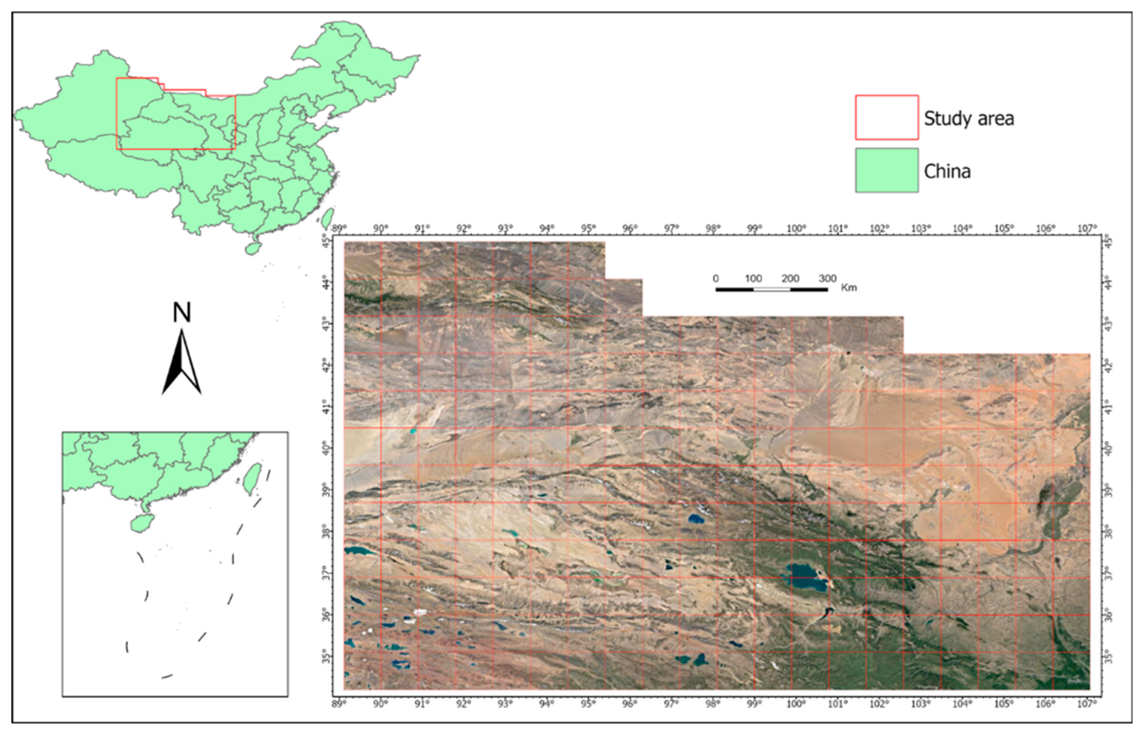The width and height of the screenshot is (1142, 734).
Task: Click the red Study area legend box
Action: pyautogui.click(x=886, y=117)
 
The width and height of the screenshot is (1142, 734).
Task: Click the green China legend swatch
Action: pyautogui.click(x=886, y=170)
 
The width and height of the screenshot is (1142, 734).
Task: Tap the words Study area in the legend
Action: pyautogui.click(x=969, y=118)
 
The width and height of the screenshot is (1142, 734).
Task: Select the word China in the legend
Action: pyautogui.click(x=947, y=171)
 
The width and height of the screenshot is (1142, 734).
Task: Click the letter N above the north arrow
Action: pyautogui.click(x=182, y=313)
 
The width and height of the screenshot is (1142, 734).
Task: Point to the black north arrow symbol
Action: pyautogui.click(x=182, y=365)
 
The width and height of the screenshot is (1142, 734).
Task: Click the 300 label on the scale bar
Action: pyautogui.click(x=827, y=278)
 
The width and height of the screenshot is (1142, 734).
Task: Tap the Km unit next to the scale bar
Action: pyautogui.click(x=849, y=287)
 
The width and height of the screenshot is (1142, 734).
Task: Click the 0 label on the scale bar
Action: pyautogui.click(x=716, y=278)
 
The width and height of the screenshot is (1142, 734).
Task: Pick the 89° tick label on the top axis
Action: pyautogui.click(x=339, y=229)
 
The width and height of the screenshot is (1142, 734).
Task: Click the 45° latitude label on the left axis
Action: pyautogui.click(x=326, y=242)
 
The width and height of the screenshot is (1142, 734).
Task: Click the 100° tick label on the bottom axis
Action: pyautogui.click(x=796, y=703)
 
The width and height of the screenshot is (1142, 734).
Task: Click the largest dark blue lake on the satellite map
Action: pyautogui.click(x=806, y=576)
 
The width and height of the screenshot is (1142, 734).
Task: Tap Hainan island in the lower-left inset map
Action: pyautogui.click(x=142, y=523)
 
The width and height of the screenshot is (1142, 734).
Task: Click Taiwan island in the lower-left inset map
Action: pyautogui.click(x=252, y=478)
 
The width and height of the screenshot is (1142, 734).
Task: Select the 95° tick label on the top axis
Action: pyautogui.click(x=588, y=229)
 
